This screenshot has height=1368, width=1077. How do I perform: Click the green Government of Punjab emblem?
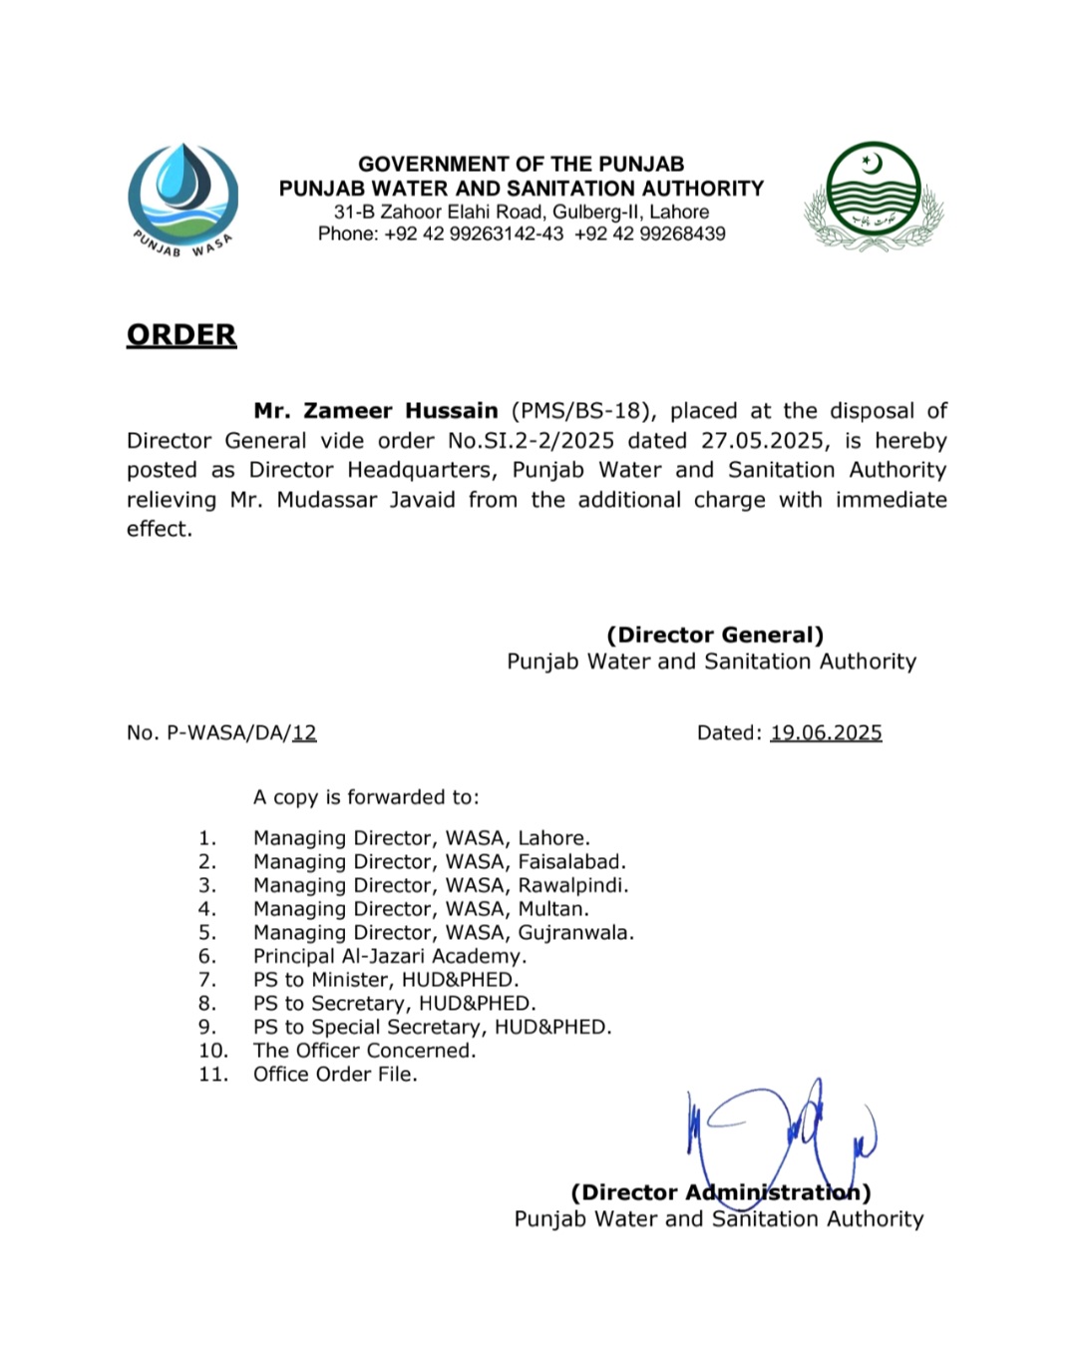[875, 196]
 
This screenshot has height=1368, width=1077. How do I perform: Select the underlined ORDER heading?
[181, 335]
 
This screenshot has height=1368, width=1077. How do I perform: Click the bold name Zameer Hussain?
[376, 411]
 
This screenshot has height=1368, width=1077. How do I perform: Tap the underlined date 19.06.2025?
[826, 733]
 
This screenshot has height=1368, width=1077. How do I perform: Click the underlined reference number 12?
[304, 733]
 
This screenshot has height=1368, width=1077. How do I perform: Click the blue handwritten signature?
[782, 1133]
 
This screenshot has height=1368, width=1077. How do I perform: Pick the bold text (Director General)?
[715, 636]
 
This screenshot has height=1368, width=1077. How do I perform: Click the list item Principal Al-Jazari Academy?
[390, 956]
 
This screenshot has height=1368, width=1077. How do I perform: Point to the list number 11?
[212, 1075]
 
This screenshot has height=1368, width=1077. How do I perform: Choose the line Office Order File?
[335, 1075]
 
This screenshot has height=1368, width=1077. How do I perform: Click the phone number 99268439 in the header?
[683, 234]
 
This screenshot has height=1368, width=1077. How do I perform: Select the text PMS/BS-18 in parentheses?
[582, 411]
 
